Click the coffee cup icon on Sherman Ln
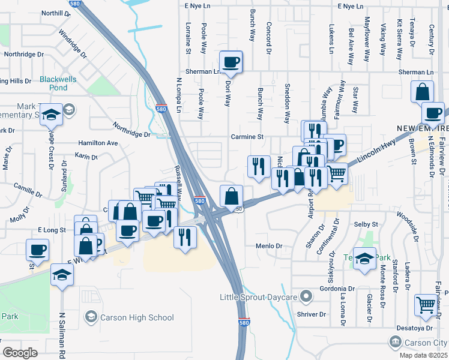[232, 61]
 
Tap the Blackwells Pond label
[58, 83]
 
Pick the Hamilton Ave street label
[98, 143]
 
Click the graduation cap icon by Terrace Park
[364, 259]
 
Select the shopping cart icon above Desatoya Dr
[426, 305]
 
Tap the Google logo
[20, 352]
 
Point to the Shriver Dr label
[311, 314]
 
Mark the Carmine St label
[248, 137]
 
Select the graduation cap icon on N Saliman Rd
[62, 275]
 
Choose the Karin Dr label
[86, 157]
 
